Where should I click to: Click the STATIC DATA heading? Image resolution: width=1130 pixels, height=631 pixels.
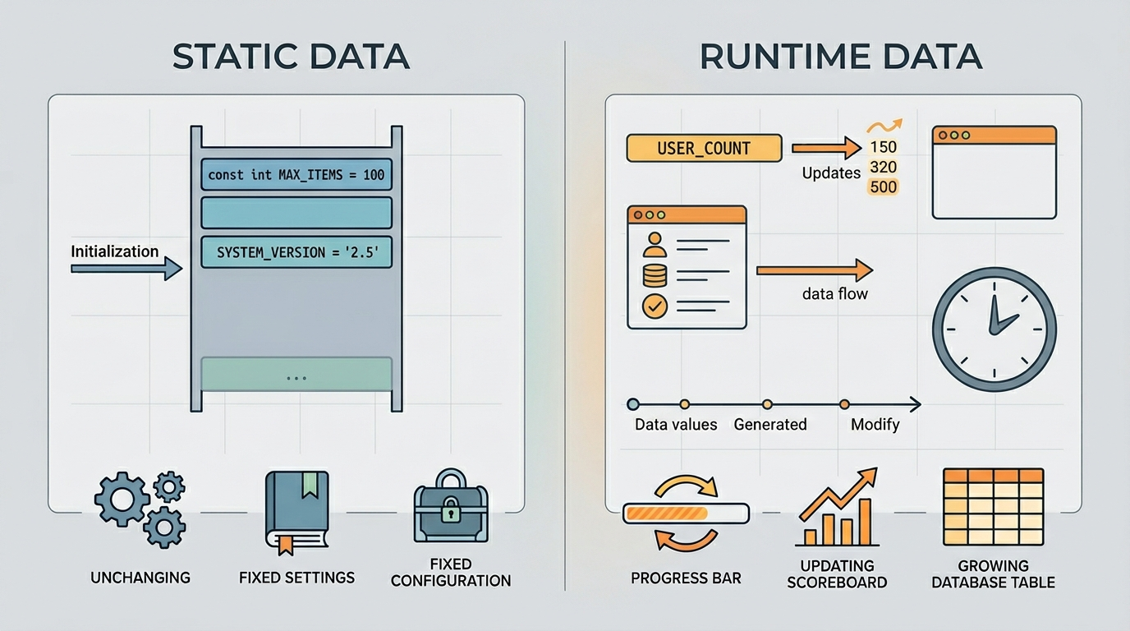291,56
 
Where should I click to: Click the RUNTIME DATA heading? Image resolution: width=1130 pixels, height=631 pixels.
841,56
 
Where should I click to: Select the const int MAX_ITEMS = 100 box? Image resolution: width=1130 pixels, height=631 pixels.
296,175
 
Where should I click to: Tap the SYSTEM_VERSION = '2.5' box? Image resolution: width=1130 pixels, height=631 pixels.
296,252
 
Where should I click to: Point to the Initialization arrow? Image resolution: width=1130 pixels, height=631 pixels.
126,269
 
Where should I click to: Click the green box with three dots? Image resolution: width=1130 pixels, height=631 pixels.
296,374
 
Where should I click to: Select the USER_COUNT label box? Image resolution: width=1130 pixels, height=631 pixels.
704,148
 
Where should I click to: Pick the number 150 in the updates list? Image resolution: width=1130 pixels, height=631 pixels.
884,147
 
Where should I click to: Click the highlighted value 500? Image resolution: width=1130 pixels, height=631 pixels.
884,187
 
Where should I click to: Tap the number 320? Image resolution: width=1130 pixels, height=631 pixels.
884,167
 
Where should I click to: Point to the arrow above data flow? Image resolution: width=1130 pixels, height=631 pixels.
814,270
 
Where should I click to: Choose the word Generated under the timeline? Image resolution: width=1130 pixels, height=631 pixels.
769,425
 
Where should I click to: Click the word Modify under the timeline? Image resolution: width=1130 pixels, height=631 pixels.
875,425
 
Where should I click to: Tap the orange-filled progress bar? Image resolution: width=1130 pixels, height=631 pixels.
686,514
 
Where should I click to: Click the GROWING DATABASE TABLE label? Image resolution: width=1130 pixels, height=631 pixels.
993,574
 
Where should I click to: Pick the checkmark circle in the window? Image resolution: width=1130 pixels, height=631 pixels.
655,306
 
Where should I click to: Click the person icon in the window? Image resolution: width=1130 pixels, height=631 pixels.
655,245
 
